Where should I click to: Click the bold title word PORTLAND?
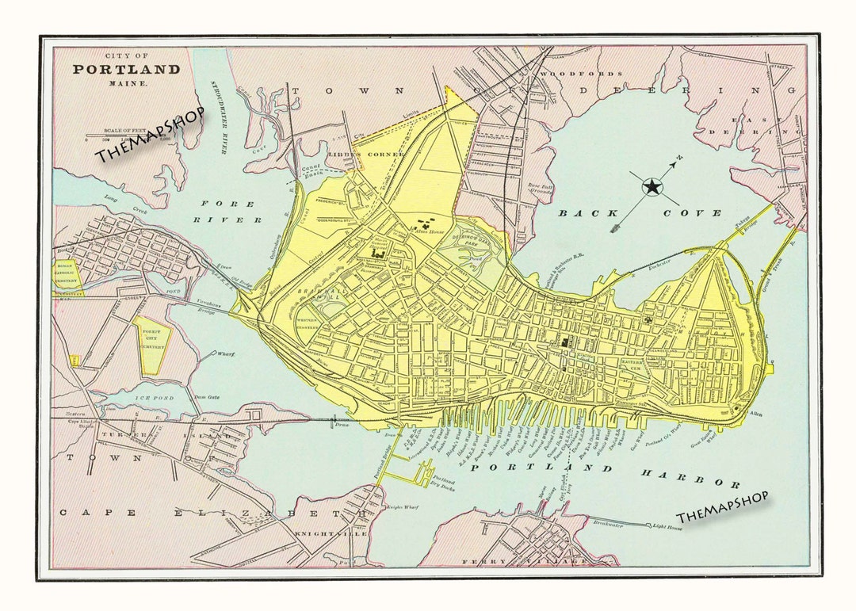point(127,69)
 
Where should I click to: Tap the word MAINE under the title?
point(127,82)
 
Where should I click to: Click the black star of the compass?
point(652,187)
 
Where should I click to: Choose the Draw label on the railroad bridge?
point(342,426)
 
